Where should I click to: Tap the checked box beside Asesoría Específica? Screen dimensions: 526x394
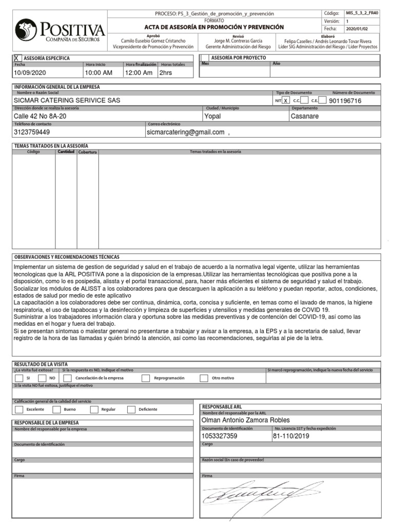coord(17,58)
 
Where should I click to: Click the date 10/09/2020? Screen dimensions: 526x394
coord(29,73)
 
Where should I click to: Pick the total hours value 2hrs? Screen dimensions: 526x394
coord(166,73)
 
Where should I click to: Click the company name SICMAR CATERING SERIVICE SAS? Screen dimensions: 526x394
coord(67,101)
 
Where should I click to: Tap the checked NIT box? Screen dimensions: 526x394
coord(285,101)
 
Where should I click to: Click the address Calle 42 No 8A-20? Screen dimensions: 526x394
coord(40,117)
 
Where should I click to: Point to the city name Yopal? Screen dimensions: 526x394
coord(212,117)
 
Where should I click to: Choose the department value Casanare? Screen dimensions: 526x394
coord(305,117)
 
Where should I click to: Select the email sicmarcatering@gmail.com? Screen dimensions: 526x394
coord(186,132)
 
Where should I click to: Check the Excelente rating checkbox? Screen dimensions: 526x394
coord(19,409)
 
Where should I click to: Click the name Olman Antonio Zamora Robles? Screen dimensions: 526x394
coord(246,420)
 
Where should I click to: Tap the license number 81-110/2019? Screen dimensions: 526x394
coord(292,436)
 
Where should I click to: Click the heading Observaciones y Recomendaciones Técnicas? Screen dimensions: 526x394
coord(67,257)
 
